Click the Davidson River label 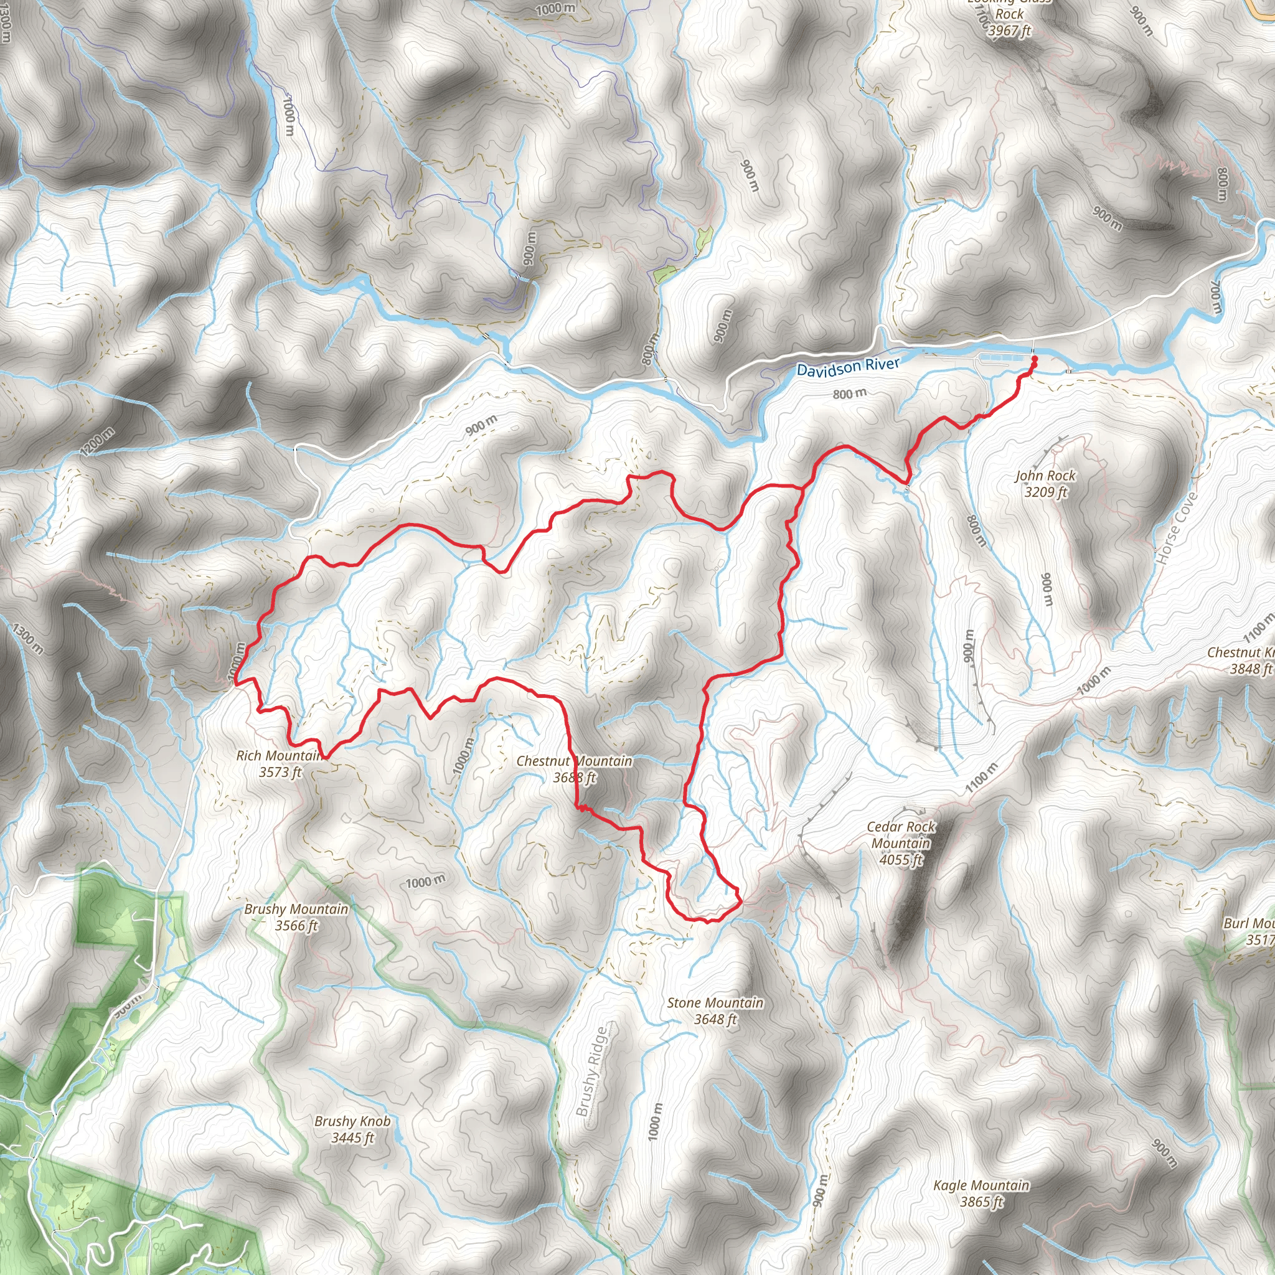(847, 367)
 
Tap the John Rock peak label (1045, 476)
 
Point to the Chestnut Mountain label (574, 761)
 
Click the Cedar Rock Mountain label (901, 835)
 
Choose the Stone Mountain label (715, 1003)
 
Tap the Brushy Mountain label (296, 910)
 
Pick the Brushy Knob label (352, 1121)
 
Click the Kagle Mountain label (981, 1185)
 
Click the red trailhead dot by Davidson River (1034, 359)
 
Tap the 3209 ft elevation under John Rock (1045, 492)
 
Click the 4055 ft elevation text (901, 860)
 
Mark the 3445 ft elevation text (352, 1138)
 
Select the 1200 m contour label (98, 441)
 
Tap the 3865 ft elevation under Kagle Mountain (981, 1202)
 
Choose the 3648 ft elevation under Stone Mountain (715, 1020)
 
